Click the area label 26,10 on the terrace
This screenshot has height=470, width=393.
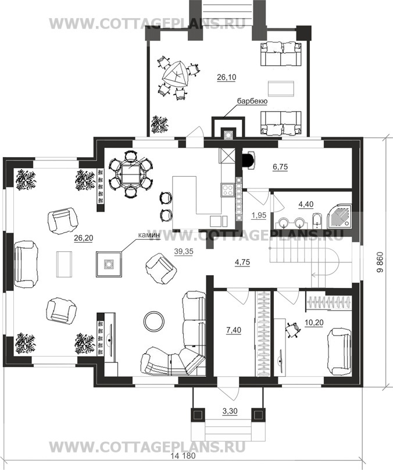(x=227, y=77)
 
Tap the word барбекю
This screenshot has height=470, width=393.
(x=252, y=101)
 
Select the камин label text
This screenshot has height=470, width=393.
(x=149, y=236)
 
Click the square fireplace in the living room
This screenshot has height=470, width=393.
(x=109, y=264)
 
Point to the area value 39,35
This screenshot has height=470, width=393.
(x=184, y=251)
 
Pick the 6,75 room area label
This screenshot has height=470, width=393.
(x=280, y=167)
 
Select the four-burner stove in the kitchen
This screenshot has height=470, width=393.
(x=227, y=190)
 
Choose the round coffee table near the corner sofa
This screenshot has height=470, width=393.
(x=154, y=321)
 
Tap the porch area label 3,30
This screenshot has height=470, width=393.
(x=230, y=411)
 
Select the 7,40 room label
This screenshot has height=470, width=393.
(x=234, y=330)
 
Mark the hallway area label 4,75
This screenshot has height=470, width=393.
(x=242, y=262)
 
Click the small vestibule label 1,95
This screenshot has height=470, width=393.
(x=259, y=215)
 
